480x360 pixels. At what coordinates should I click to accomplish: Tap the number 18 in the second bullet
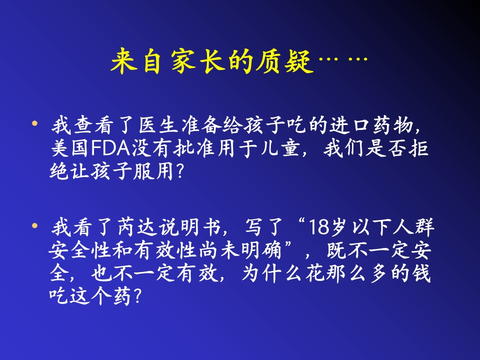point(319,228)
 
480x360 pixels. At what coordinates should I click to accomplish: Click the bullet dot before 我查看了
point(34,122)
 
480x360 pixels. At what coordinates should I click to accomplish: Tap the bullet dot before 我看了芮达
point(34,226)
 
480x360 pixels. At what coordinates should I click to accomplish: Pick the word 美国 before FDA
point(69,149)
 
